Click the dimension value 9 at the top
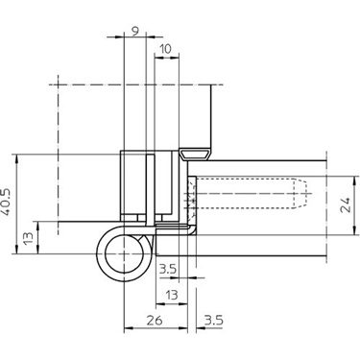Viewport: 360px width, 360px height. pos(134,30)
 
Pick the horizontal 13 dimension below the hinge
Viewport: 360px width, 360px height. pos(172,295)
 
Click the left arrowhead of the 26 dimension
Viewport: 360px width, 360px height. pos(127,329)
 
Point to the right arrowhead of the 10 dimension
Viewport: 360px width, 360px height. pos(180,59)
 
